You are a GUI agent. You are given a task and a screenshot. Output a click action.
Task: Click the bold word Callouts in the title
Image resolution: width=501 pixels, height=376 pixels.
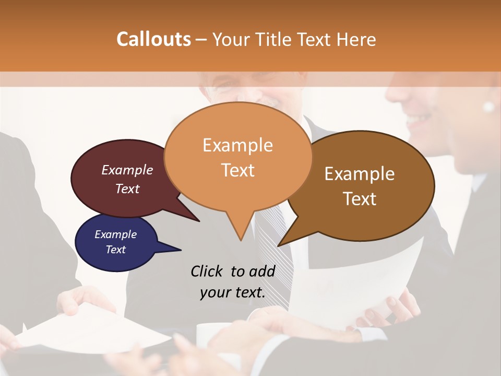[x=153, y=39]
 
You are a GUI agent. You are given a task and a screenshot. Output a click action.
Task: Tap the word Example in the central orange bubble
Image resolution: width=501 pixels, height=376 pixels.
[x=237, y=145]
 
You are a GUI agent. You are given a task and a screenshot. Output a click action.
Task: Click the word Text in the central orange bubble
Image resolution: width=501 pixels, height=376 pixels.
[x=237, y=170]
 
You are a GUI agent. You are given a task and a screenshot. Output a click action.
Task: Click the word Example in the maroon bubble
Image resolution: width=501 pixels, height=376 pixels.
[x=127, y=170]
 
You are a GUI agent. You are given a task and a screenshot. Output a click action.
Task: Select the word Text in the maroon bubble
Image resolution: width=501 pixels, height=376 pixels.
[x=127, y=189]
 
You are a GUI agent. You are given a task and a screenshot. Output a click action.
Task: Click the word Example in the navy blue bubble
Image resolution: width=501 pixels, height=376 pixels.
[x=115, y=234]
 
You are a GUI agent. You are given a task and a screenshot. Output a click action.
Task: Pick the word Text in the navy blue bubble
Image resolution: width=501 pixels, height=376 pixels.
[x=115, y=250]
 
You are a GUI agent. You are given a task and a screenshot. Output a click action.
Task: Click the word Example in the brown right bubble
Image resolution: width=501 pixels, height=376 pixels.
[x=359, y=174]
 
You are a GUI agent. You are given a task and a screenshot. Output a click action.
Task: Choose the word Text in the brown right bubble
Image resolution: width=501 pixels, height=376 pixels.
[x=360, y=199]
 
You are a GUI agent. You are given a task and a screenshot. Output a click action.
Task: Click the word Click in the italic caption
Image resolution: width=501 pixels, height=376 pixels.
[x=207, y=271]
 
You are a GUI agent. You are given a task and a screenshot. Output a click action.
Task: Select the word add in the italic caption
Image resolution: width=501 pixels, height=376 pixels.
[x=262, y=271]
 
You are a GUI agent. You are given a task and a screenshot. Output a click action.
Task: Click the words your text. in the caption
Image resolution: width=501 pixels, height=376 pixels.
[x=233, y=292]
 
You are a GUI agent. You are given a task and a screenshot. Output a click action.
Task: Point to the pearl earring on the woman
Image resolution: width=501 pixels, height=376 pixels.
[x=488, y=107]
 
